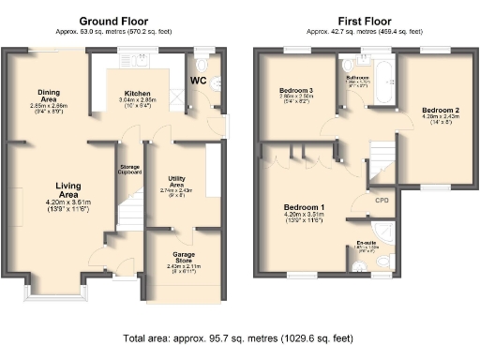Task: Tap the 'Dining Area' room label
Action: coord(49,95)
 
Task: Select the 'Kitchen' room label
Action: coord(135,95)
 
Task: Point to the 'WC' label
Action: coord(198,81)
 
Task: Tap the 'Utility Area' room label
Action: coord(175,180)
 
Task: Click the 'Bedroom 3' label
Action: coord(295,90)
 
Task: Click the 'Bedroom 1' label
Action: coord(304,206)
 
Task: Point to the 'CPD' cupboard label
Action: coord(382,200)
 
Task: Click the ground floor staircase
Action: coord(131,217)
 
